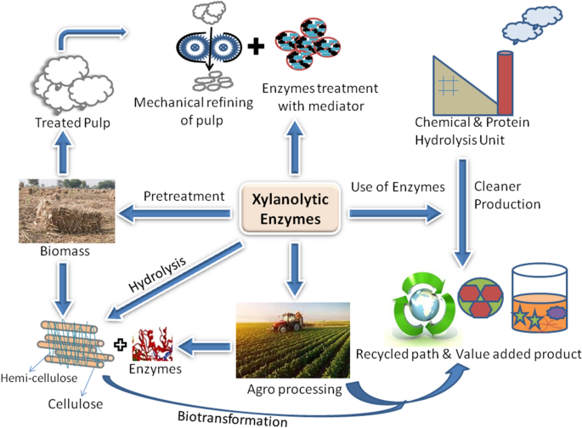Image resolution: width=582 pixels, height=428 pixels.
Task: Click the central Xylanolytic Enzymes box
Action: [x=291, y=209]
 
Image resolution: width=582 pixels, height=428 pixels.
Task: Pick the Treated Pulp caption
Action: [x=56, y=123]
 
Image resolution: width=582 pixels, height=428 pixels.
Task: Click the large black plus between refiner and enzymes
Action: [x=255, y=45]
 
